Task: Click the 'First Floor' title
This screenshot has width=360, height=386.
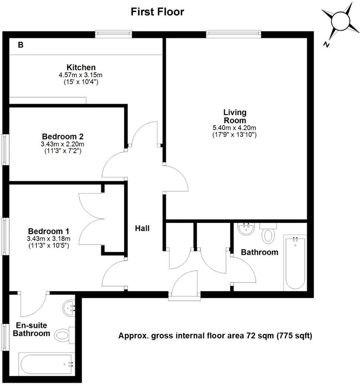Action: pyautogui.click(x=157, y=12)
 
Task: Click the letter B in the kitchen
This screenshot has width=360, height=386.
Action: pyautogui.click(x=21, y=45)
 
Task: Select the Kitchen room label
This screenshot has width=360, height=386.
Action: pyautogui.click(x=81, y=67)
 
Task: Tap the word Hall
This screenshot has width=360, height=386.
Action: pyautogui.click(x=142, y=228)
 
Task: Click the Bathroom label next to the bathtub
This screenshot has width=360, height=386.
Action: pyautogui.click(x=260, y=252)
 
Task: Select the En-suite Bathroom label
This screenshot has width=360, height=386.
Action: pyautogui.click(x=31, y=329)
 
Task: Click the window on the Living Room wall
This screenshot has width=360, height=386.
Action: pyautogui.click(x=234, y=34)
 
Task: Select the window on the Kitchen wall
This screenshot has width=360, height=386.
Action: pyautogui.click(x=113, y=34)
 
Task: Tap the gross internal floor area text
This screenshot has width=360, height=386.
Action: pyautogui.click(x=215, y=336)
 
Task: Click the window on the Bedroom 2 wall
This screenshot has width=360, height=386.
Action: pyautogui.click(x=4, y=149)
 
